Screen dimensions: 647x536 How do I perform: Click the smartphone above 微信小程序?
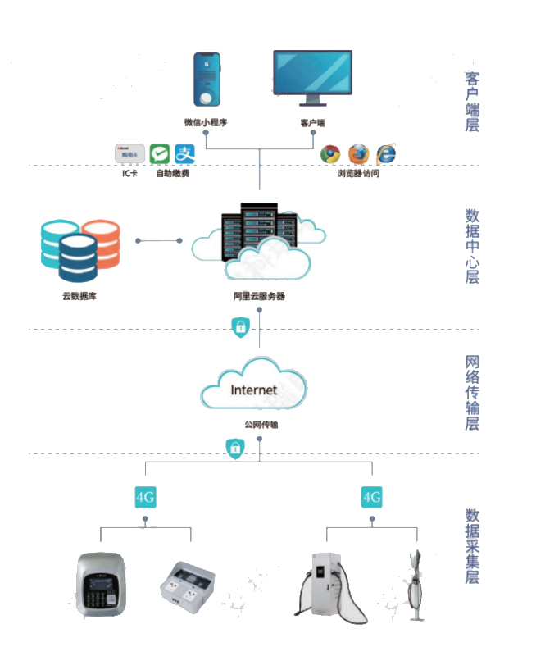(x=207, y=80)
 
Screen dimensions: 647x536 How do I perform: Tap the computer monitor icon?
(x=311, y=75)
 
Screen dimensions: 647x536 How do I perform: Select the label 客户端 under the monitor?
(x=312, y=123)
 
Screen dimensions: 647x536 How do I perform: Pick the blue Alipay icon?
(x=184, y=153)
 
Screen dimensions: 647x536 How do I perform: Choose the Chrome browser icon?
(x=330, y=153)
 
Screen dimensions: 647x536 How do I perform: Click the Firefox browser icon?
(x=358, y=153)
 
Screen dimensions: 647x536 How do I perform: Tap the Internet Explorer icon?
(x=386, y=153)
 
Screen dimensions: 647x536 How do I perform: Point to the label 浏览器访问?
(x=358, y=174)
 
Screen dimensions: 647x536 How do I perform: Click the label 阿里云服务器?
(x=259, y=296)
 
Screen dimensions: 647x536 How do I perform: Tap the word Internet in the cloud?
(x=254, y=390)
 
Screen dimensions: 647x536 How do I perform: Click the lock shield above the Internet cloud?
(x=239, y=326)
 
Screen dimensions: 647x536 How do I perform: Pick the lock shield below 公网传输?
(x=235, y=448)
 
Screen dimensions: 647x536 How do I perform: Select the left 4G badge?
(x=145, y=497)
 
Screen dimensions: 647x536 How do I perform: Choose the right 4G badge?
(x=372, y=497)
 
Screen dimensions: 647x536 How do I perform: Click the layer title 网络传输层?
(x=472, y=392)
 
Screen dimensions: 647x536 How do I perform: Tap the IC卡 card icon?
(x=129, y=153)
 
